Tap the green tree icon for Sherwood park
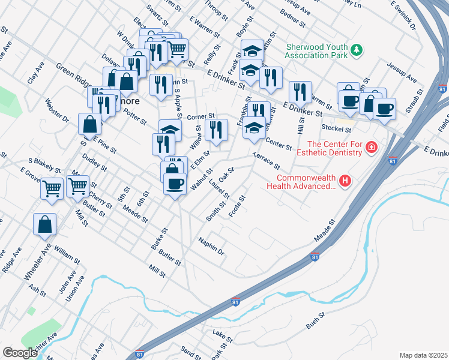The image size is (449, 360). point(357,50)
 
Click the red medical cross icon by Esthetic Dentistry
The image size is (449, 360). point(372,147)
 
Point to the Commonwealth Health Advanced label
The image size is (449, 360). point(306,182)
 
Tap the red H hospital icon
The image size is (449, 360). point(345,180)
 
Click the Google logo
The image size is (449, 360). point(20,352)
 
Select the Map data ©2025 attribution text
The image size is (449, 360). point(423,355)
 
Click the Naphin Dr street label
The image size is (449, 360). point(211,245)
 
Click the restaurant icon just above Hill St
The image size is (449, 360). point(300,92)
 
